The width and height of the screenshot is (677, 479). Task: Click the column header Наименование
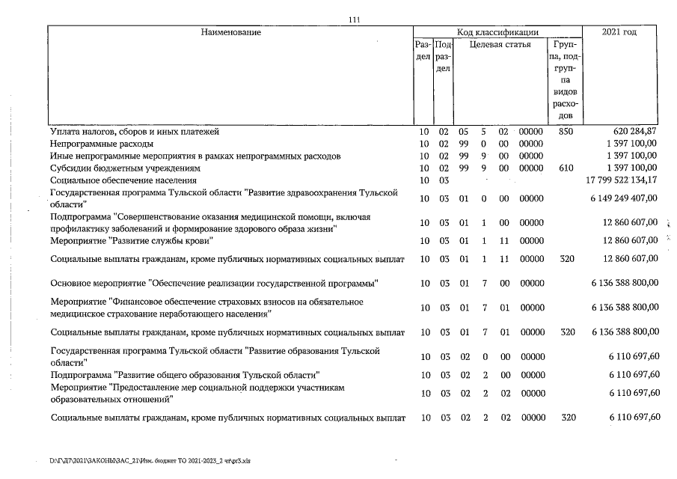230,32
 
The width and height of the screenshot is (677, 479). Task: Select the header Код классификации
498,32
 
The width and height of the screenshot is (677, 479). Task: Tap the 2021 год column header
619,32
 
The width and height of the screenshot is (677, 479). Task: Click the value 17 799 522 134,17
619,180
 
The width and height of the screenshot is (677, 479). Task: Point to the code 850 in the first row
565,131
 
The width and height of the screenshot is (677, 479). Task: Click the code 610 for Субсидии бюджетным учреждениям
565,168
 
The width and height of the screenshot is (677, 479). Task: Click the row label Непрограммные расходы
102,144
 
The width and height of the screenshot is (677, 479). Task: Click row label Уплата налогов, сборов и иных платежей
135,131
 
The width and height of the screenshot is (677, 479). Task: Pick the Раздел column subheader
423,51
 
